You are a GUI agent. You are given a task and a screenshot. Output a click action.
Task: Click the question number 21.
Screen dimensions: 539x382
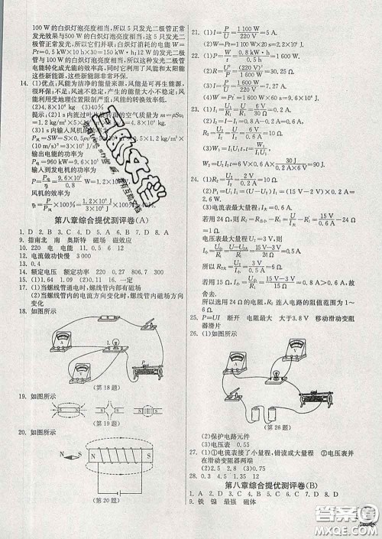pos(196,33)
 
